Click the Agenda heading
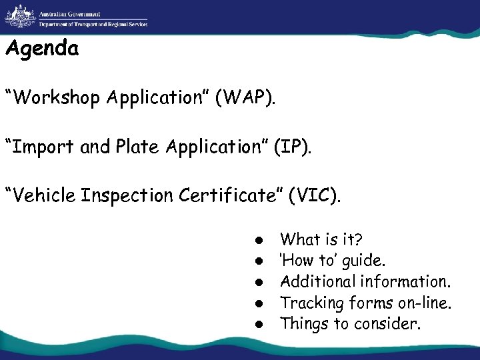pos(41,49)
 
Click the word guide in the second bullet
pos(371,261)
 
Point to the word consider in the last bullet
pos(391,324)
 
